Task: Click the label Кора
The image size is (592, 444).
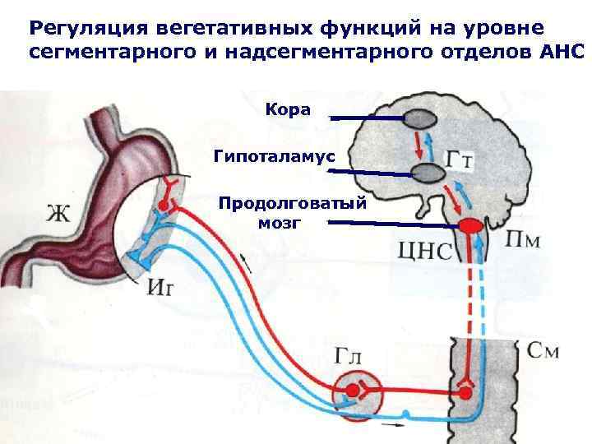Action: click(x=288, y=109)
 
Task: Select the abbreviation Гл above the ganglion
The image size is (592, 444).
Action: click(x=353, y=355)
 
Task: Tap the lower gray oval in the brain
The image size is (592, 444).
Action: click(x=428, y=173)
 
